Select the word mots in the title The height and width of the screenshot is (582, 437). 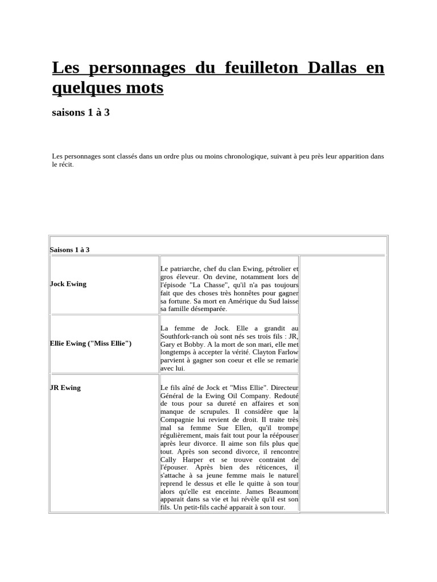tap(146, 88)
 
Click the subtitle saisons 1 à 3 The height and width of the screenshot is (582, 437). tap(81, 113)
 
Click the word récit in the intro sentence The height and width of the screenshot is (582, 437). tap(65, 164)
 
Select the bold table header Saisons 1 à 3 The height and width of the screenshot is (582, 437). tap(70, 250)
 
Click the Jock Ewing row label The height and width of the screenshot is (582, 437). tap(68, 284)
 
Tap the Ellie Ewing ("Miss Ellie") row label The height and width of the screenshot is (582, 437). tap(91, 343)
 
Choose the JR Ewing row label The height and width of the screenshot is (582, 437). tap(65, 388)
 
